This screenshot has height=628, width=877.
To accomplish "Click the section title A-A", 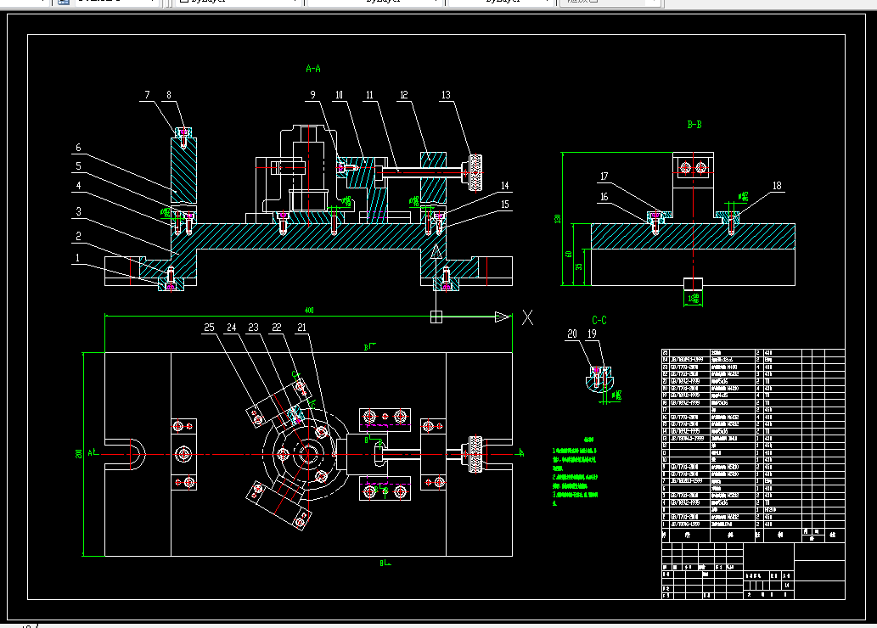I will [313, 68].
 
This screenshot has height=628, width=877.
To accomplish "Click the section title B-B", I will [694, 124].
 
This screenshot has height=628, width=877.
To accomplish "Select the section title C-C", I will [599, 320].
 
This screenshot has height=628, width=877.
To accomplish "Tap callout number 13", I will [447, 95].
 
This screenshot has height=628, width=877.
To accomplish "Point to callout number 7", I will [147, 95].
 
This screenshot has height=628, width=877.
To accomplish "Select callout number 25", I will [210, 328].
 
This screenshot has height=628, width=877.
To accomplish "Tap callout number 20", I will [571, 334].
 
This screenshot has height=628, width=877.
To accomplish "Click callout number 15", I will [505, 204].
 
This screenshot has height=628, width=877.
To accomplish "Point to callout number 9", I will [312, 95].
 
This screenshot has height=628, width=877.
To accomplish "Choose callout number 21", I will [301, 328].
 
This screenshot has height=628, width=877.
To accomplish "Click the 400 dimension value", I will [309, 311].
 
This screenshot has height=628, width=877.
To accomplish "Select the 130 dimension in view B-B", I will [558, 219].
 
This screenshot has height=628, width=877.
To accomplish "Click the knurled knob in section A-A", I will [476, 171].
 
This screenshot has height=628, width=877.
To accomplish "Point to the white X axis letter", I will [527, 317].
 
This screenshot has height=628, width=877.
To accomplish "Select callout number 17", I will [604, 177].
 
